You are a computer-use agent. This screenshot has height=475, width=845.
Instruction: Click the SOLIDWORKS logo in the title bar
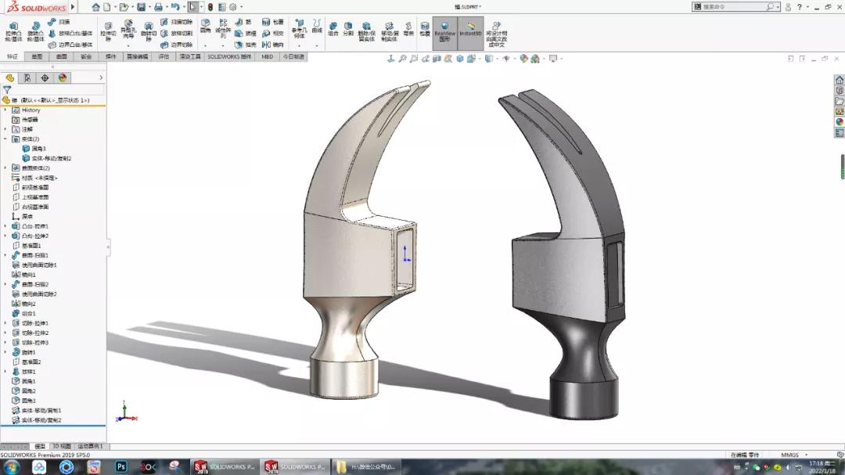coord(35,7)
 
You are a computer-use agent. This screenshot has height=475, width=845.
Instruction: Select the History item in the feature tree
coord(31,110)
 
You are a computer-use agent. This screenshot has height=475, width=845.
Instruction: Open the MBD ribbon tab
coord(268,57)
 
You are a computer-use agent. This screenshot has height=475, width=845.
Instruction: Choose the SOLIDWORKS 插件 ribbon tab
coord(229,57)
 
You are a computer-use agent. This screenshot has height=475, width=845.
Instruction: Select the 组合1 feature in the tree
coord(28,313)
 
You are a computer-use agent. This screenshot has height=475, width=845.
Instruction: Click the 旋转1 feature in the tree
coord(28,352)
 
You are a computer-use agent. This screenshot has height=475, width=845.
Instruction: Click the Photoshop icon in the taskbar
coord(121,466)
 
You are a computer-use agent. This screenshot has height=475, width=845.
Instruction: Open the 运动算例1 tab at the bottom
coord(90,446)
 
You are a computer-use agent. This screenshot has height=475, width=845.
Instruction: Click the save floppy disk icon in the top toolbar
coord(141,7)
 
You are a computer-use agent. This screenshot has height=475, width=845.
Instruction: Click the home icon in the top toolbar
coord(95,7)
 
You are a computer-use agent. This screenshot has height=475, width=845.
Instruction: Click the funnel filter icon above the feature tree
coord(7,90)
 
